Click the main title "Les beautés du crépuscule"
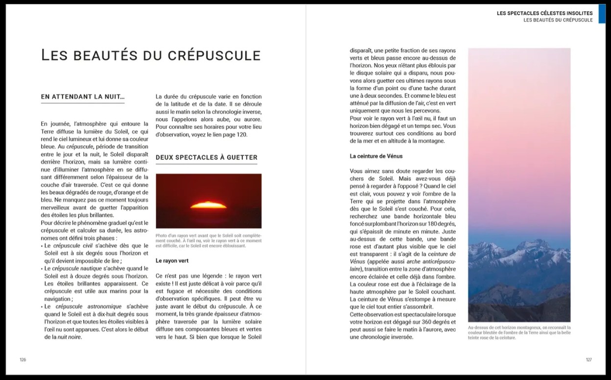tap(150, 55)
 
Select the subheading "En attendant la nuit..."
tap(82, 97)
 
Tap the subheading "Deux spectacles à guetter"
tap(206, 157)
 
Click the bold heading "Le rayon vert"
tap(172, 261)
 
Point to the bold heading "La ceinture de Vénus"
tap(376, 156)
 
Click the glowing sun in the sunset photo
tap(208, 205)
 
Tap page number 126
tap(23, 360)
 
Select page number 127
tap(588, 360)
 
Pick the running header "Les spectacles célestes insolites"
tap(544, 13)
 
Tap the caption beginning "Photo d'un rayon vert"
tap(208, 240)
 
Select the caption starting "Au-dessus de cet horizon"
tap(519, 332)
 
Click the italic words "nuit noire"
tap(69, 336)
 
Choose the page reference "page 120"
tap(235, 135)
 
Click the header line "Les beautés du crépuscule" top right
tap(558, 20)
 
